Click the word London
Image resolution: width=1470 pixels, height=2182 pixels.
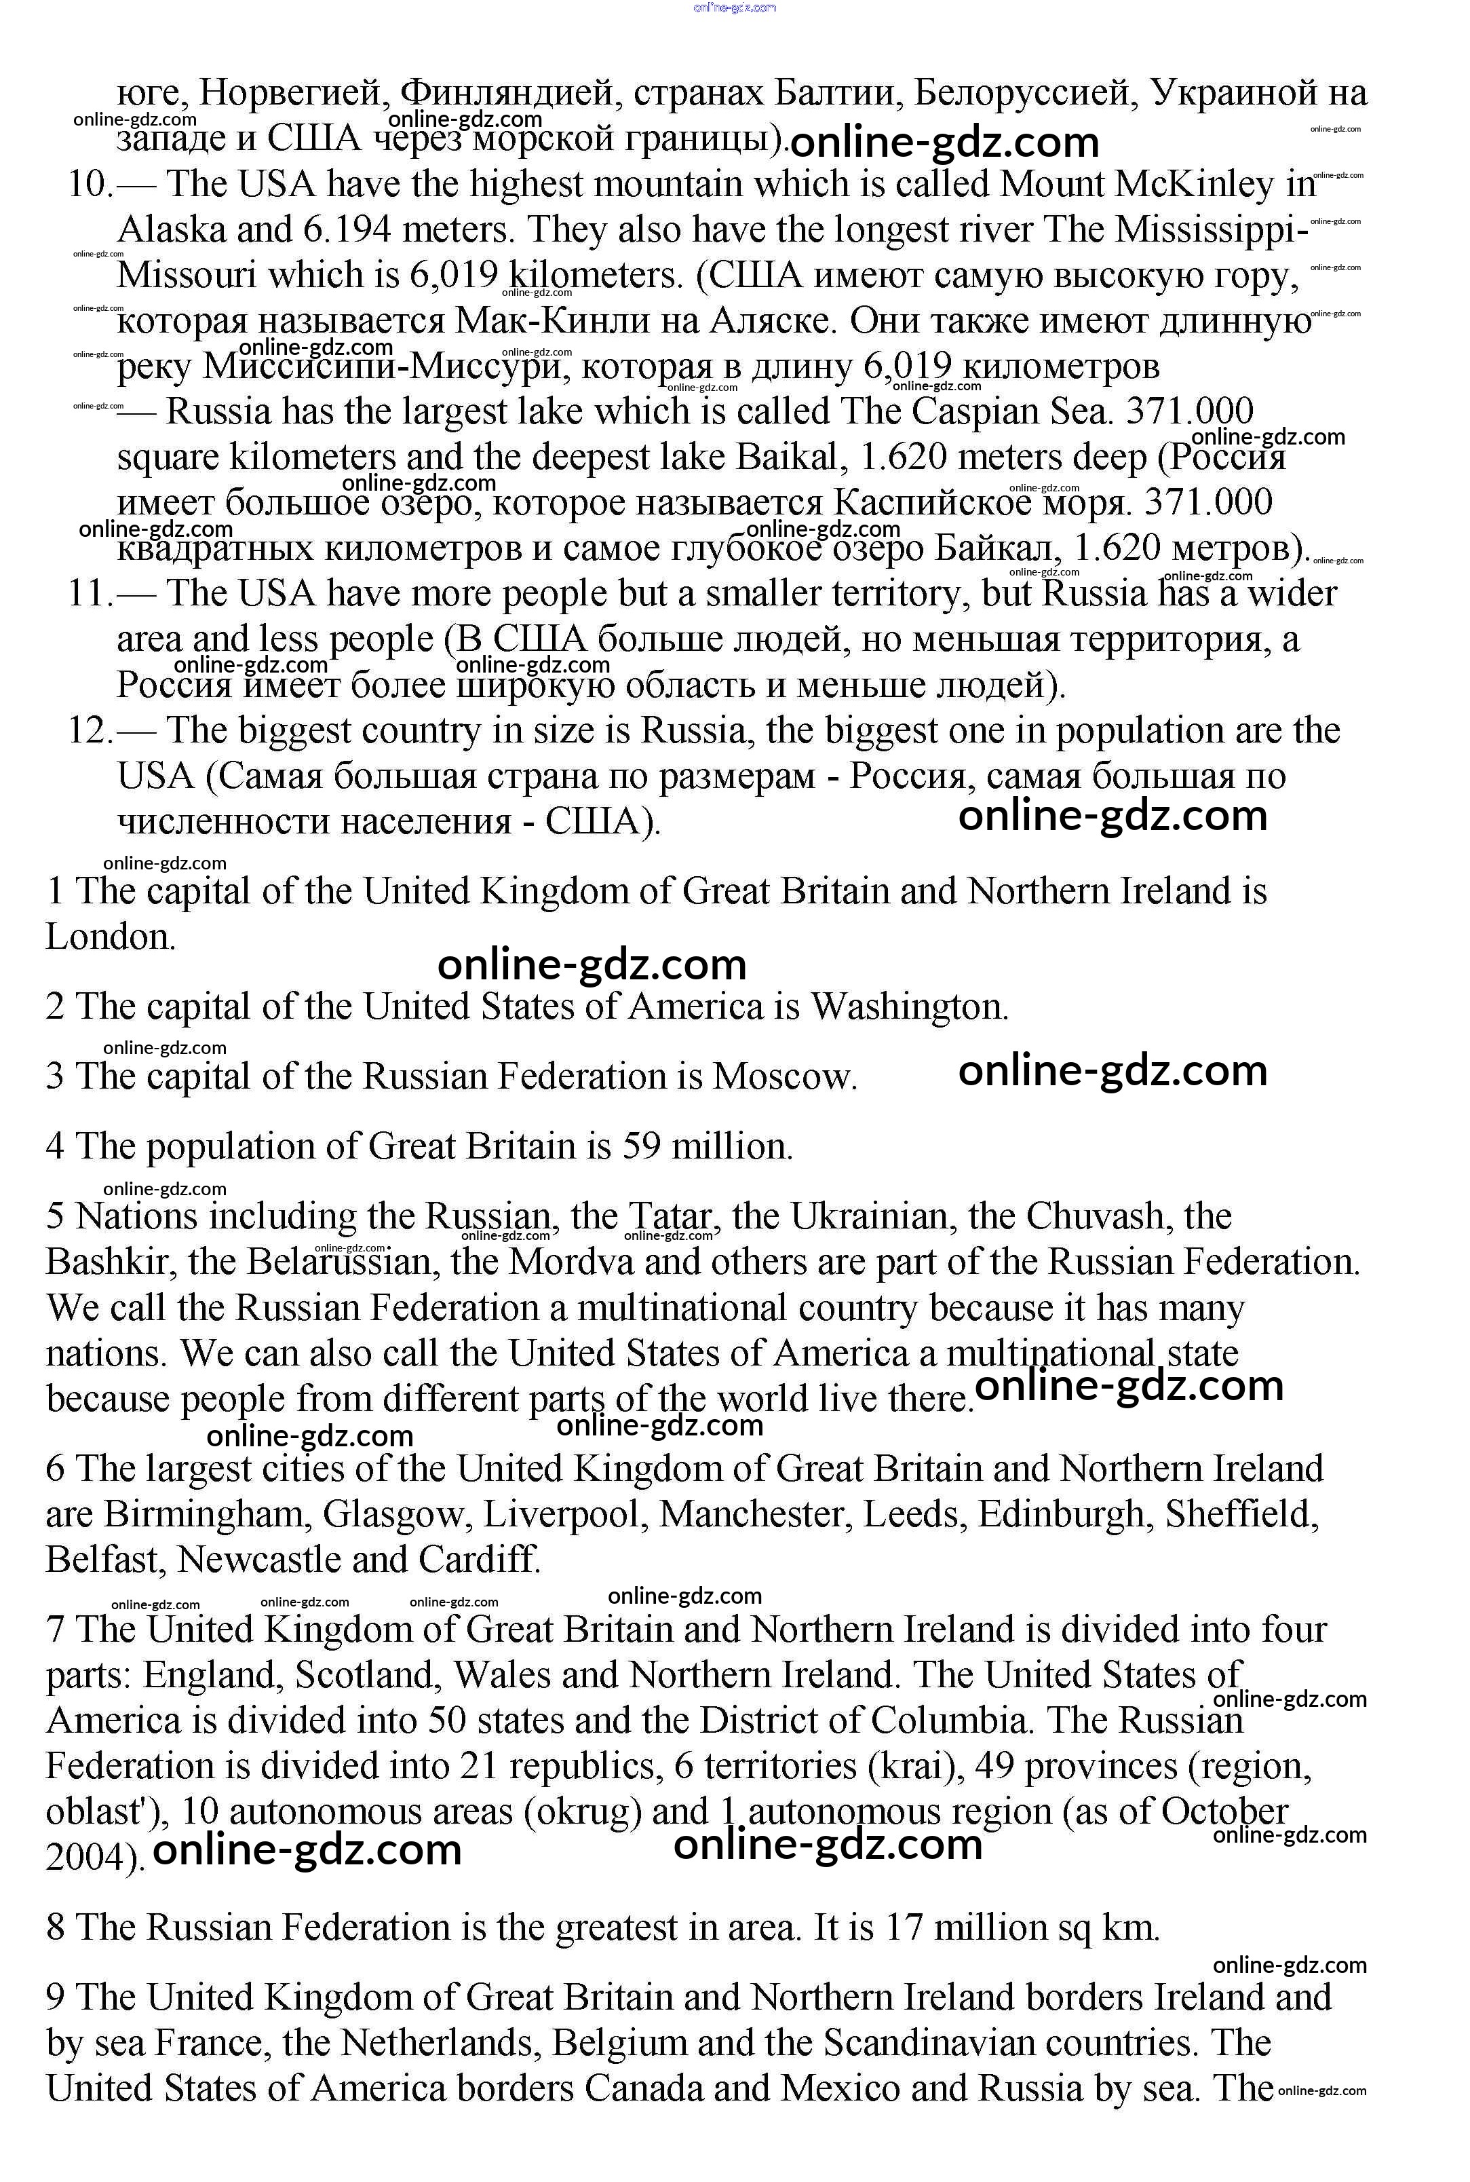pos(110,937)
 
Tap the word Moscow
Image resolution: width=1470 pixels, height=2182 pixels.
pos(784,1076)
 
